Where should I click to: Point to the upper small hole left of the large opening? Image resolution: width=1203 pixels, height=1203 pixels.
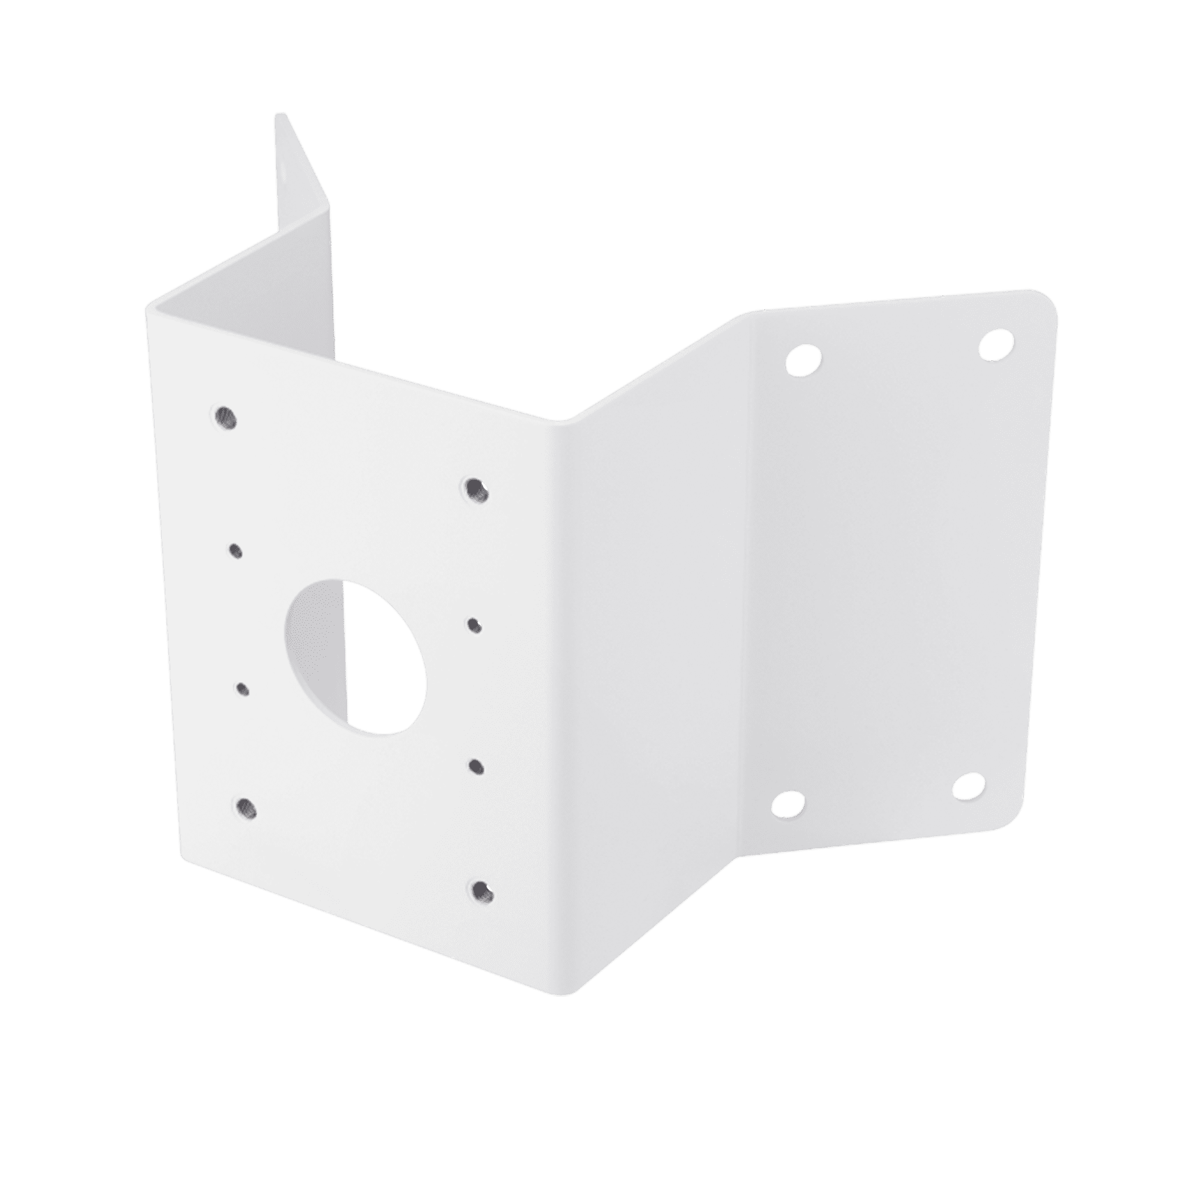[x=235, y=550]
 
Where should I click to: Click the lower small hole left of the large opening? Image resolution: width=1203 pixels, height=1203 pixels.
[x=242, y=689]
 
